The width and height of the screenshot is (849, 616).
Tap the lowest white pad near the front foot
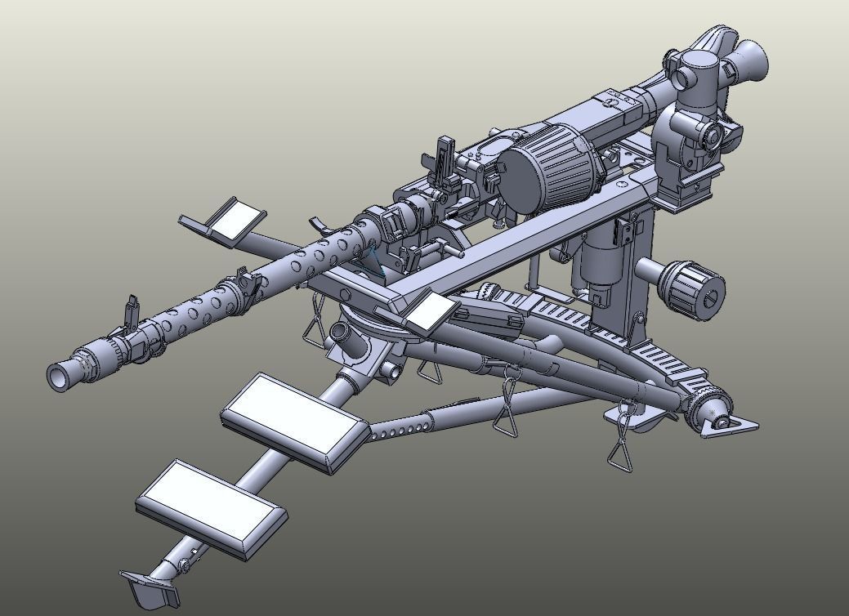point(211,508)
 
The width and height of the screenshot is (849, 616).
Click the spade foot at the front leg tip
point(151,587)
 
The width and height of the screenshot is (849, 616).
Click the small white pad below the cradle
point(431,314)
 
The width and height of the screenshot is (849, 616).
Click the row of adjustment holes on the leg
point(400,431)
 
